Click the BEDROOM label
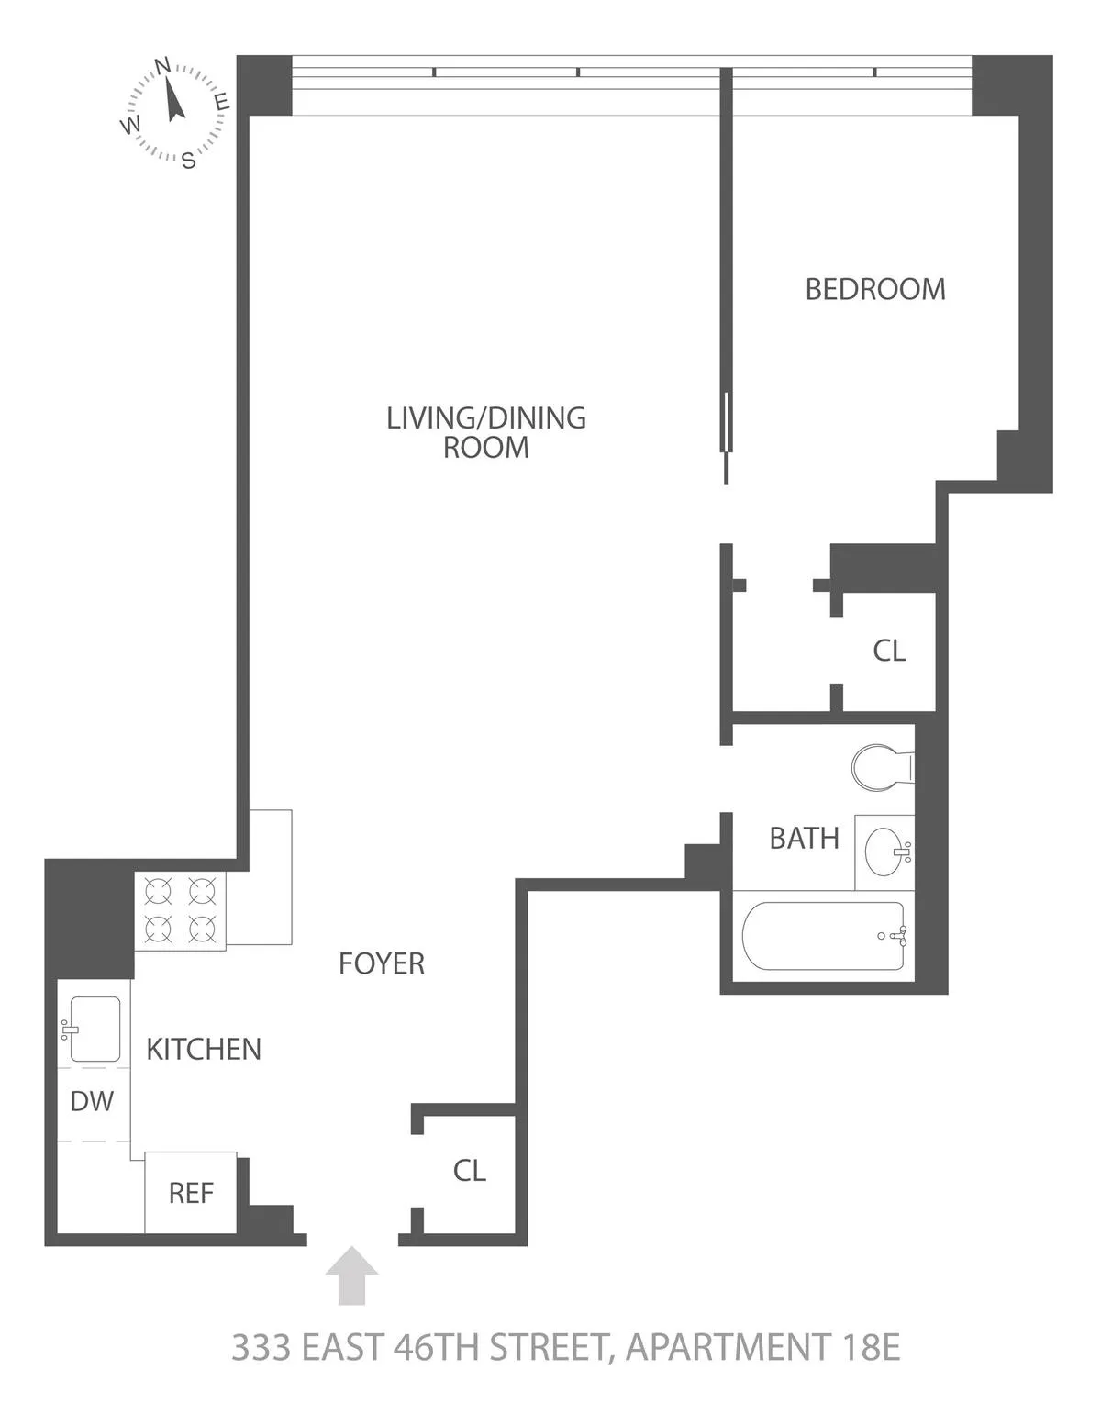[x=874, y=289]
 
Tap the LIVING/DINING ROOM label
[x=485, y=432]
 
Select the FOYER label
[x=382, y=963]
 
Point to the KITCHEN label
[x=204, y=1049]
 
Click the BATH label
[x=804, y=838]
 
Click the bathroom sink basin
[x=885, y=852]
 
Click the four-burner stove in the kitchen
[x=180, y=910]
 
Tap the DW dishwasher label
[x=92, y=1101]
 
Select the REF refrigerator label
[x=191, y=1193]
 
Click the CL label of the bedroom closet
[x=889, y=651]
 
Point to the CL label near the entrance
[x=469, y=1171]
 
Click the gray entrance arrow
[x=351, y=1275]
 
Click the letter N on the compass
[x=162, y=65]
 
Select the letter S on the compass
[x=188, y=161]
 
